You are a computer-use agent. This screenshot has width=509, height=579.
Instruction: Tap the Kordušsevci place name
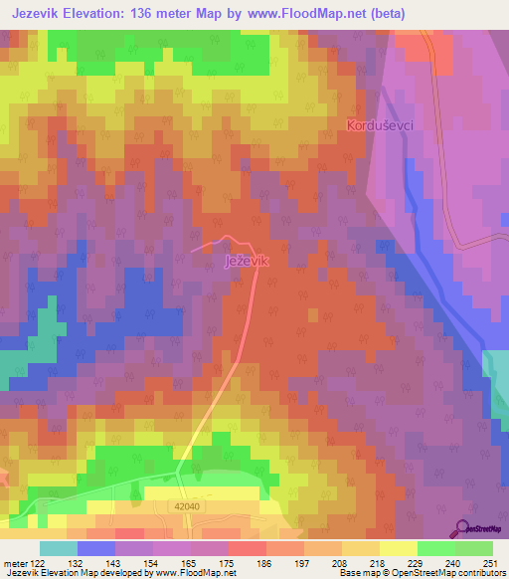380,126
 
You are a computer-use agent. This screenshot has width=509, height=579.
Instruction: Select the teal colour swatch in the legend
59,548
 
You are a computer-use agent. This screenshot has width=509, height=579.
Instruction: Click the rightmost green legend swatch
474,548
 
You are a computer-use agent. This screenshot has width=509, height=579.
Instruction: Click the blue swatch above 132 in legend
96,548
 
